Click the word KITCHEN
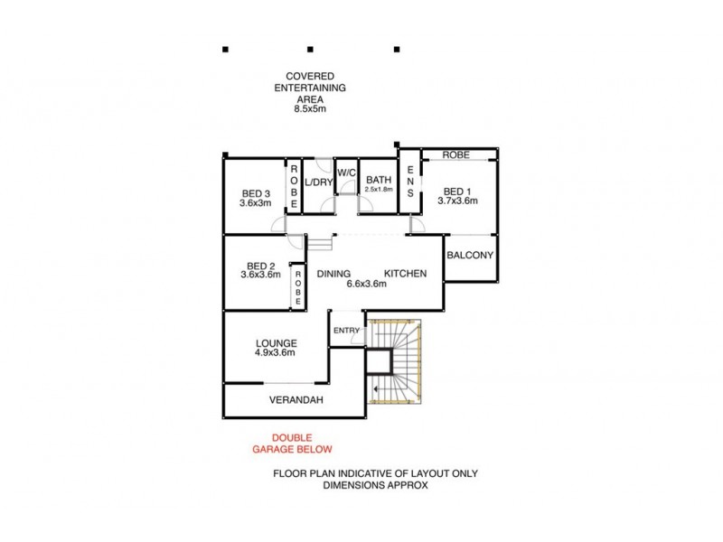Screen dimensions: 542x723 click(x=405, y=273)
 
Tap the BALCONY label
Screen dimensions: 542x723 click(x=470, y=255)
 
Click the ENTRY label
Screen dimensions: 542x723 click(x=346, y=331)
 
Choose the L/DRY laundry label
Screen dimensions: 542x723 click(x=318, y=182)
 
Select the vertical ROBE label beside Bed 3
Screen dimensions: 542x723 click(x=293, y=185)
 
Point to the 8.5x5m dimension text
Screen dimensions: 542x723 click(x=309, y=108)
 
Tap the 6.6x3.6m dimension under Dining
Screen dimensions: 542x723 click(x=366, y=284)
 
